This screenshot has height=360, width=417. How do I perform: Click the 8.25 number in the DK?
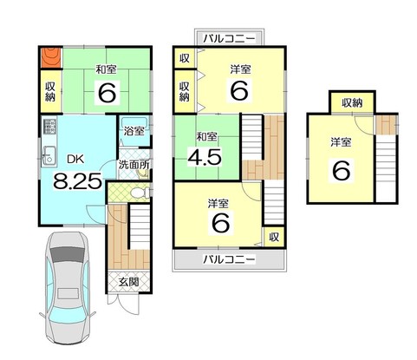77,181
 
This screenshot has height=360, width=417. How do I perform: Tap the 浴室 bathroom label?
134,131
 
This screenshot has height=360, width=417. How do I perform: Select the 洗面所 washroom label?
134,165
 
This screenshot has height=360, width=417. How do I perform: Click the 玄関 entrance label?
129,282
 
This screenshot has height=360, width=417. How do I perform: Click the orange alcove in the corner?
51,58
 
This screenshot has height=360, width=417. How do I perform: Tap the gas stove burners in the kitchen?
49,127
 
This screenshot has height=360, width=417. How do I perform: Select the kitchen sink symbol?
49,155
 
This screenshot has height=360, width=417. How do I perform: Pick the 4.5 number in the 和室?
205,157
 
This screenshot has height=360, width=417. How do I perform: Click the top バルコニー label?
229,38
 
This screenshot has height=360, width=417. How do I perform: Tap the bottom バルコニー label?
229,259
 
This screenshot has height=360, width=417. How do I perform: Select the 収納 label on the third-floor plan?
352,102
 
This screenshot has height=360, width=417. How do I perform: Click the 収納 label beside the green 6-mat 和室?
50,91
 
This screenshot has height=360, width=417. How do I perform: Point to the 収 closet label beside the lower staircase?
274,237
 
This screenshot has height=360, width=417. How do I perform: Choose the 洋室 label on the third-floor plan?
341,142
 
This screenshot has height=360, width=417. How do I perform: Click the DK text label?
75,159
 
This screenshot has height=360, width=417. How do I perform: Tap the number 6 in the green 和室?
108,92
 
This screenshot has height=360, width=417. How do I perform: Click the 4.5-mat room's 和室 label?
206,137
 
